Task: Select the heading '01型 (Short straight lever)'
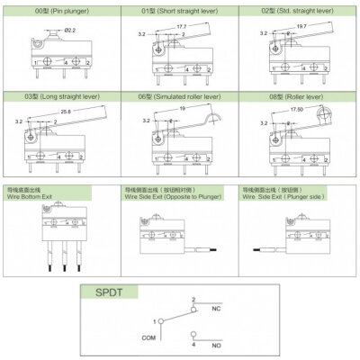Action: [180, 10]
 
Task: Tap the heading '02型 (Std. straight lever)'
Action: [300, 10]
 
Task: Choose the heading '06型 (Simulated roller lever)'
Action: [180, 94]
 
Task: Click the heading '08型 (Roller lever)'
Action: [300, 94]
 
